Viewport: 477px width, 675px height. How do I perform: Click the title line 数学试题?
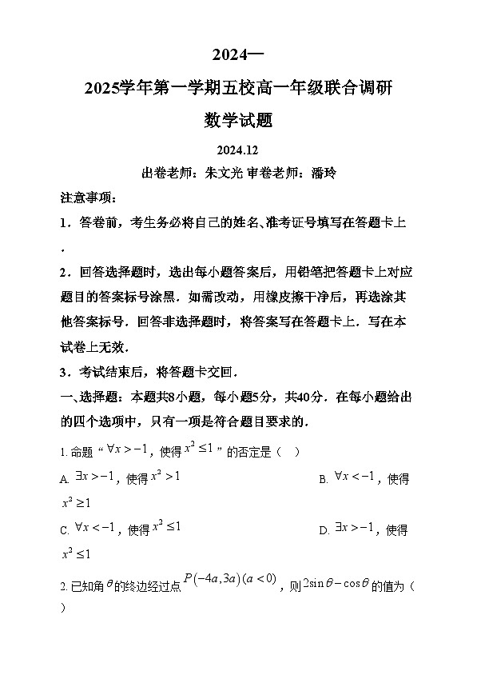(x=238, y=120)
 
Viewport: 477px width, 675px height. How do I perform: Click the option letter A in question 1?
(x=64, y=479)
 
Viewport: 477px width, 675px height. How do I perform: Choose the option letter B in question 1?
(x=324, y=479)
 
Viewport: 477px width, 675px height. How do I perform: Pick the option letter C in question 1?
(x=64, y=529)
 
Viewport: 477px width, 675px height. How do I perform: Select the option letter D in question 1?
(x=324, y=529)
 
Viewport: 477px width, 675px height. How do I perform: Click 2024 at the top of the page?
(x=229, y=55)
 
